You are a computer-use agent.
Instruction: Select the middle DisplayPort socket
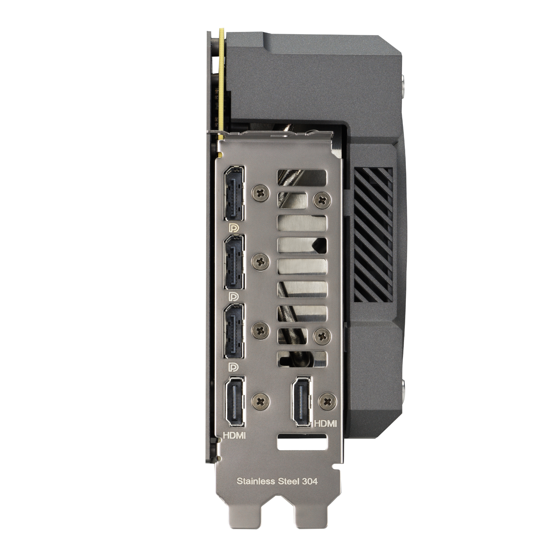coord(234,262)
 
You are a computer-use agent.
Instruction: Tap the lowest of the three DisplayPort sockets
coord(234,331)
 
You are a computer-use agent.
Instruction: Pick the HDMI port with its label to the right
coord(302,401)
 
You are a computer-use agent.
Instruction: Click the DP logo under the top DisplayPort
coord(234,227)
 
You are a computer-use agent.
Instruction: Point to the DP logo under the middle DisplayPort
coord(234,296)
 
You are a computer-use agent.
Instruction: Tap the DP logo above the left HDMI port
coord(234,366)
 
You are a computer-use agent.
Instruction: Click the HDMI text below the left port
coord(234,435)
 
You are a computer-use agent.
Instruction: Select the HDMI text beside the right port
coord(325,423)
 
